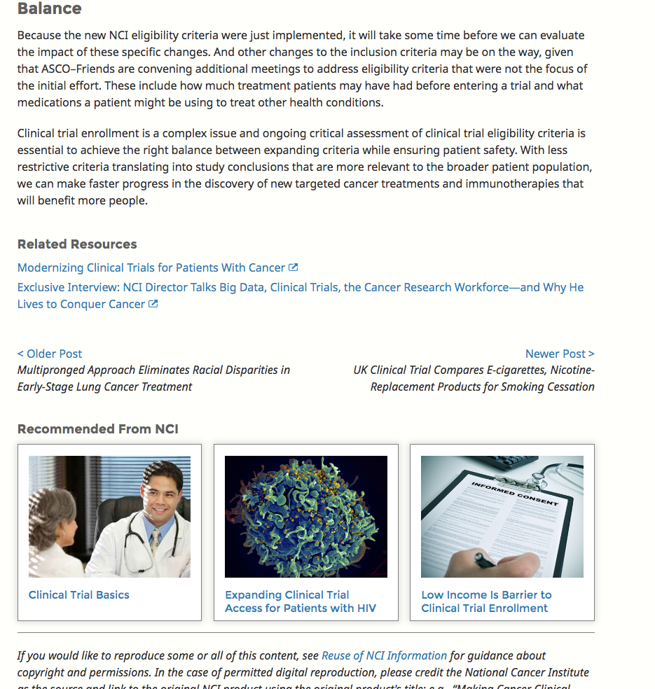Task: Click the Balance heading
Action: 49,9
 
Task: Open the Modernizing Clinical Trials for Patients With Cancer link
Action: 151,267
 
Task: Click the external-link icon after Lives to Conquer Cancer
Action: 153,304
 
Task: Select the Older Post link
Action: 50,354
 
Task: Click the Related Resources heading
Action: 77,244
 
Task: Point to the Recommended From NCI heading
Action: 98,429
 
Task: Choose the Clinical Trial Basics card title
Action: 79,594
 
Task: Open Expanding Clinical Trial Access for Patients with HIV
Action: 300,601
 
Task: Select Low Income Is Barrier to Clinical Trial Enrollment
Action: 486,601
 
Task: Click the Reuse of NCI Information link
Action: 384,655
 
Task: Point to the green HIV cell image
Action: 306,516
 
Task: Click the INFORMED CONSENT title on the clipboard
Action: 514,494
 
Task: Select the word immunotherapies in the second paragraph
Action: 540,183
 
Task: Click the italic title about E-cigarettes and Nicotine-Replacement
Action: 474,378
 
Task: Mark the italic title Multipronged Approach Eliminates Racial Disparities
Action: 153,378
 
